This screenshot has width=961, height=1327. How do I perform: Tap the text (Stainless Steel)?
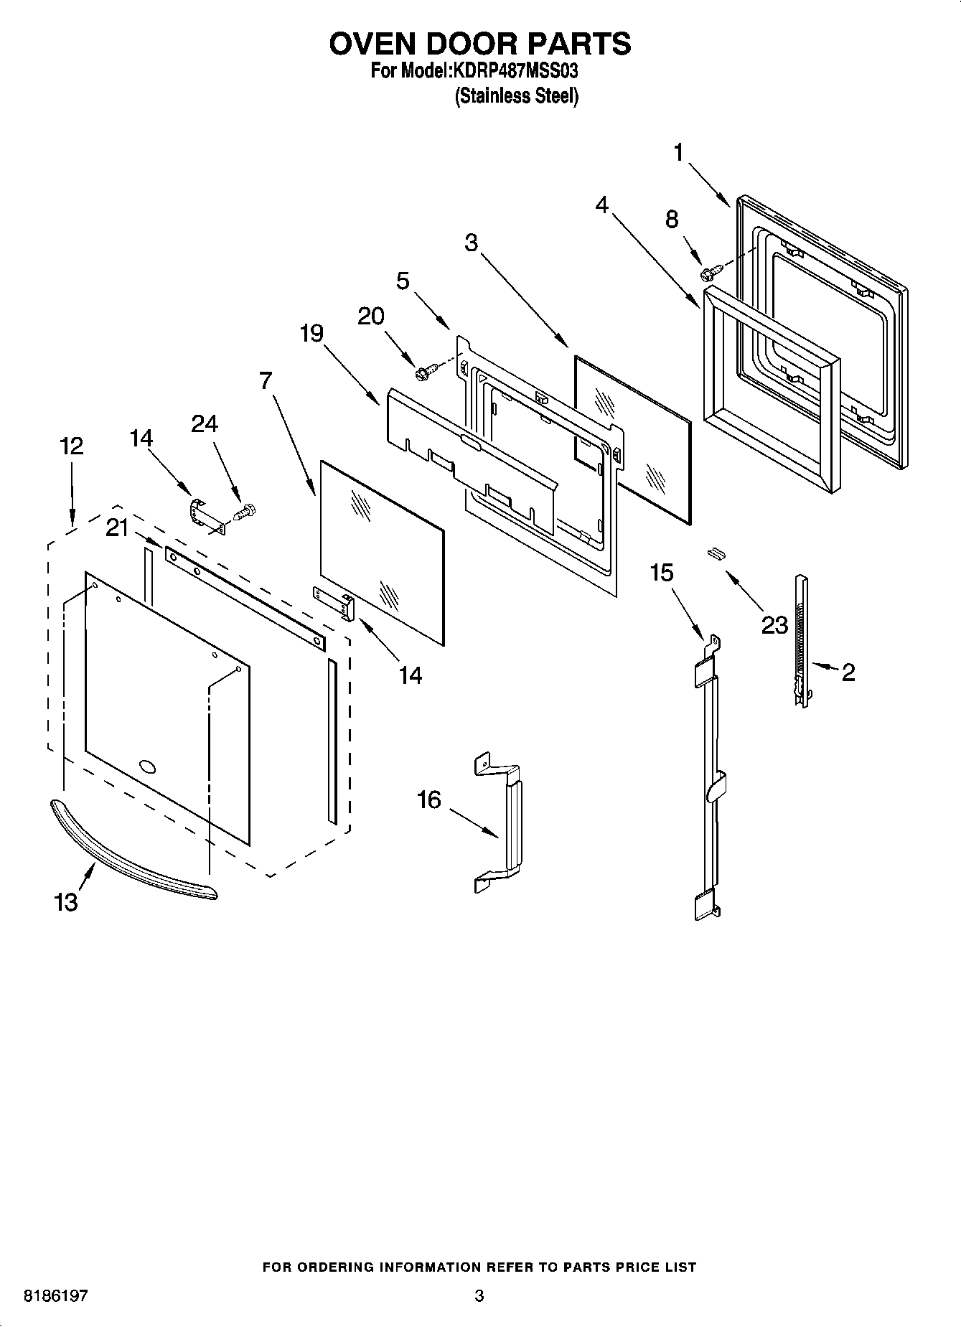[516, 96]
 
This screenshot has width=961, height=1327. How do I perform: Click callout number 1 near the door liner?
[679, 153]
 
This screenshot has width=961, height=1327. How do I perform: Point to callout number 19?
[311, 334]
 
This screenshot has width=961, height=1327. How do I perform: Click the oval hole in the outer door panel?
[147, 766]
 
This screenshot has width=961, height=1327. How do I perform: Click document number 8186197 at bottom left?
[56, 1296]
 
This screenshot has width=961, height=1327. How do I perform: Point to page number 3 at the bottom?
[479, 1296]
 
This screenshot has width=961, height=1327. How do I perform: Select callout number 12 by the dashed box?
[71, 446]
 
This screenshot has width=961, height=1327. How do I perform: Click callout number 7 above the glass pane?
[266, 380]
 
